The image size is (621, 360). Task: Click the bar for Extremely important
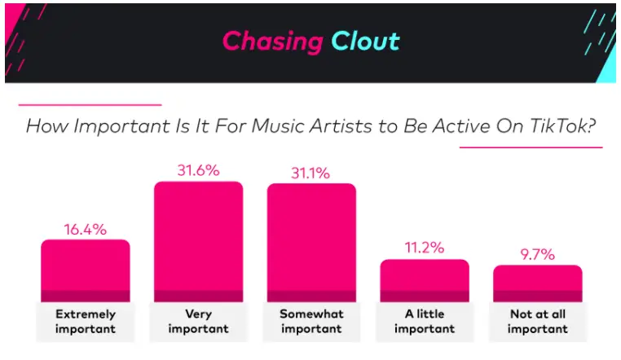pyautogui.click(x=86, y=270)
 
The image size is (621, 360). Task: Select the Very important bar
pyautogui.click(x=198, y=242)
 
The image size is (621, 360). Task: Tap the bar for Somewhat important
pyautogui.click(x=311, y=243)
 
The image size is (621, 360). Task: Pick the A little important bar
pyautogui.click(x=425, y=280)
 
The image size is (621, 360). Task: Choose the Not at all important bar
pyautogui.click(x=538, y=283)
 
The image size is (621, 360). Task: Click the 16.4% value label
pyautogui.click(x=86, y=230)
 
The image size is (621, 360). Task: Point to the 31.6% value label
pyautogui.click(x=198, y=170)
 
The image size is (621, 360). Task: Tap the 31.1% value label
pyautogui.click(x=310, y=173)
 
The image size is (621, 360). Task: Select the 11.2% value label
pyautogui.click(x=425, y=248)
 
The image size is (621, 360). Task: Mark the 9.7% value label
pyautogui.click(x=537, y=254)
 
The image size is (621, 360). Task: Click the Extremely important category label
pyautogui.click(x=86, y=321)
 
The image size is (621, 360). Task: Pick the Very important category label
pyautogui.click(x=198, y=321)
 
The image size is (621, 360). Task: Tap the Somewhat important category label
pyautogui.click(x=311, y=321)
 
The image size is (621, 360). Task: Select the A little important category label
pyautogui.click(x=425, y=321)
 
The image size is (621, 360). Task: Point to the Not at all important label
pyautogui.click(x=538, y=321)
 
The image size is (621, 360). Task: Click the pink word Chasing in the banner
pyautogui.click(x=273, y=42)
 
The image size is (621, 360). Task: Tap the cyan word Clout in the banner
pyautogui.click(x=366, y=41)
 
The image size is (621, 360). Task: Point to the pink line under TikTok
pyautogui.click(x=531, y=147)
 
